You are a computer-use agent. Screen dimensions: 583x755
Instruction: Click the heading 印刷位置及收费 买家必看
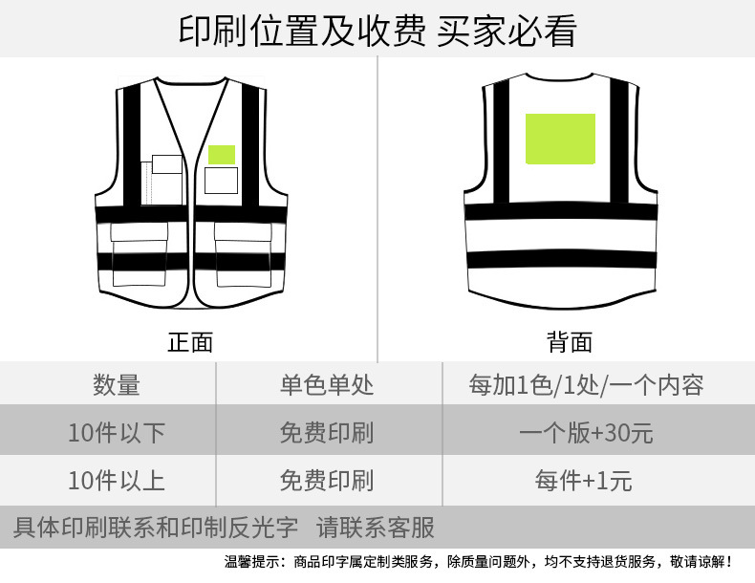377,30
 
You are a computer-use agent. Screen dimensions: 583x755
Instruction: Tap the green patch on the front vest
222,153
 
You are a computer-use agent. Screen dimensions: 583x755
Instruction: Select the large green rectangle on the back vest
560,139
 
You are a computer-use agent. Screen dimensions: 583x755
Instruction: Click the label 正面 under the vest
190,341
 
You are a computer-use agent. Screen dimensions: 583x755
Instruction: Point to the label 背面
570,341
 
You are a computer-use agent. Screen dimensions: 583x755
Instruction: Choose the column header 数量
117,385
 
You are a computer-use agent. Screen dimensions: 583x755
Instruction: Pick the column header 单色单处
327,385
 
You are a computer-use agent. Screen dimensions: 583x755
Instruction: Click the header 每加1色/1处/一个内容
586,385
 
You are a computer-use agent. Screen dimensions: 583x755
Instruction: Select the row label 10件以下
117,433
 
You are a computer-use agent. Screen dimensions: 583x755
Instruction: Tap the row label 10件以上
117,480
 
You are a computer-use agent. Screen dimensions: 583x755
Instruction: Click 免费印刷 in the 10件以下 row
327,433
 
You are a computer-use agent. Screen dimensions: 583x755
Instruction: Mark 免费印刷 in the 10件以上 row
327,480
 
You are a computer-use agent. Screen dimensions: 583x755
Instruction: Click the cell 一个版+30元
586,433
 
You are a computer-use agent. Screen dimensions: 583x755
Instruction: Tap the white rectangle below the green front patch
222,179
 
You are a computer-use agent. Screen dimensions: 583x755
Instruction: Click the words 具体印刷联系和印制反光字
156,527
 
